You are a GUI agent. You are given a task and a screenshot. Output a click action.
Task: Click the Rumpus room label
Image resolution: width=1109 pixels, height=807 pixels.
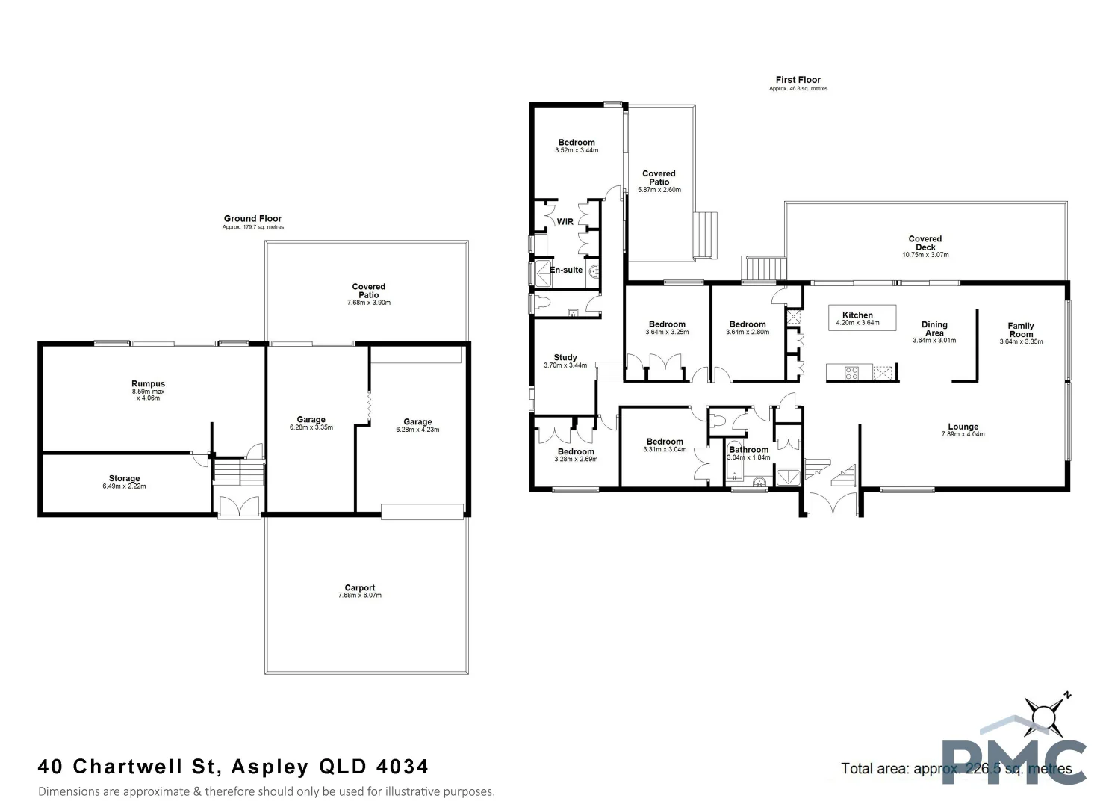pos(148,384)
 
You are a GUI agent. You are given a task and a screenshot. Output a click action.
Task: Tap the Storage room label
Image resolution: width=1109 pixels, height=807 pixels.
pos(124,478)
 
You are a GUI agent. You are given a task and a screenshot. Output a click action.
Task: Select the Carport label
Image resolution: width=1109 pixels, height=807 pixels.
pos(360,588)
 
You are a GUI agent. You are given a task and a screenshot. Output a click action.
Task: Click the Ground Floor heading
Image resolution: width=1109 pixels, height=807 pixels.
pos(252,219)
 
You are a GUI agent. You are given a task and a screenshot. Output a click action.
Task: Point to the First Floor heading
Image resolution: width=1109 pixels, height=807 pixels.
pos(798,80)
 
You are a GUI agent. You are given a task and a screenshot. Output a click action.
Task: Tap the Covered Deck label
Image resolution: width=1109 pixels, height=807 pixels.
pos(925,243)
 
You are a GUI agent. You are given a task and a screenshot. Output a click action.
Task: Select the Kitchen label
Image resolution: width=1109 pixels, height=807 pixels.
pos(857,315)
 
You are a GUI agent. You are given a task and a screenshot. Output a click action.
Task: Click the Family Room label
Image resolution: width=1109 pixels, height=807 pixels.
pos(1020,330)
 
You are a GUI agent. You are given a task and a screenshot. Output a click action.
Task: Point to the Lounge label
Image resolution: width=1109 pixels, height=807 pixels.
pos(963,427)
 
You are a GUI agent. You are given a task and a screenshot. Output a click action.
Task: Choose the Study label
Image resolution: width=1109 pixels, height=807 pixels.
pos(565,358)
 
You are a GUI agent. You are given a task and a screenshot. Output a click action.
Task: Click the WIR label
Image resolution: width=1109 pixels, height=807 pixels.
pos(565,222)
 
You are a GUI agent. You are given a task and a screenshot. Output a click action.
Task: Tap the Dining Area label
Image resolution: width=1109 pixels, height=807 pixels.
pos(934,329)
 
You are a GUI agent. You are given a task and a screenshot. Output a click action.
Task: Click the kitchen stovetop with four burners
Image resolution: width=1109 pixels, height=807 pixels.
pos(851,372)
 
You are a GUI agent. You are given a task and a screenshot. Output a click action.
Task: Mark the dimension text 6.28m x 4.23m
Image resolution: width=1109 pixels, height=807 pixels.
pos(417,430)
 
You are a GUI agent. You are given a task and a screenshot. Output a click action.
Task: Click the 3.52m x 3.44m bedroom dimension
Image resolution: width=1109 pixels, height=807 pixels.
pos(577,150)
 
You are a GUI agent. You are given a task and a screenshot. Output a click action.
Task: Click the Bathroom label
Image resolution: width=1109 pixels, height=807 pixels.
pos(748,450)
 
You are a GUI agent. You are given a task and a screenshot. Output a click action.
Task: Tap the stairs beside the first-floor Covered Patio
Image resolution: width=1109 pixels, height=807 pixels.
pos(706,235)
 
